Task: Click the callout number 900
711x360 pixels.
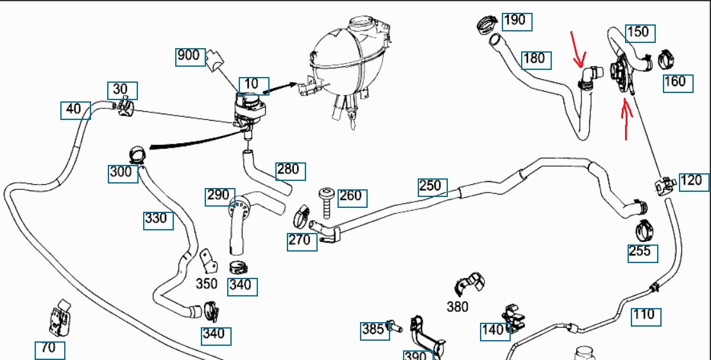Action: click(x=188, y=56)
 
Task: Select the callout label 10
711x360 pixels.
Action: click(x=251, y=84)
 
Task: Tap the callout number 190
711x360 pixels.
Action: click(x=515, y=20)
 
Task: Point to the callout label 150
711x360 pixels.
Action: click(x=637, y=32)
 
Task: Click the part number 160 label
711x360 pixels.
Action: click(x=675, y=81)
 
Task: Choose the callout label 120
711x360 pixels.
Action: click(x=690, y=180)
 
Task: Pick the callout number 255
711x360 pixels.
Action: click(x=640, y=251)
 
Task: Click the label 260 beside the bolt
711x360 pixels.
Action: click(x=350, y=196)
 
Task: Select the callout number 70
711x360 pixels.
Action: click(x=49, y=349)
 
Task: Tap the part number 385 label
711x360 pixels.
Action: click(x=373, y=330)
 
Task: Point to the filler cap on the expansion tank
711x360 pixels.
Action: click(x=362, y=23)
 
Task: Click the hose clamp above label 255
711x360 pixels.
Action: click(x=644, y=228)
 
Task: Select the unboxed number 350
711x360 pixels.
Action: click(x=206, y=283)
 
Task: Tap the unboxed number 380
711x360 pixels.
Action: click(x=457, y=307)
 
